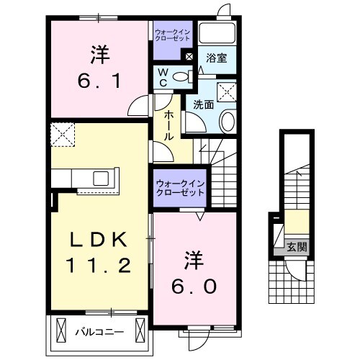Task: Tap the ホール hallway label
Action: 168,126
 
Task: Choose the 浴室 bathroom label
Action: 218,58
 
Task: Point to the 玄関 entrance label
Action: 295,246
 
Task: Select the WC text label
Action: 163,76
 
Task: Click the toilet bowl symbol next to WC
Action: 182,75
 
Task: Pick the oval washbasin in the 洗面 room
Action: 227,122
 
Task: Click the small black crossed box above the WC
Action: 189,56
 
